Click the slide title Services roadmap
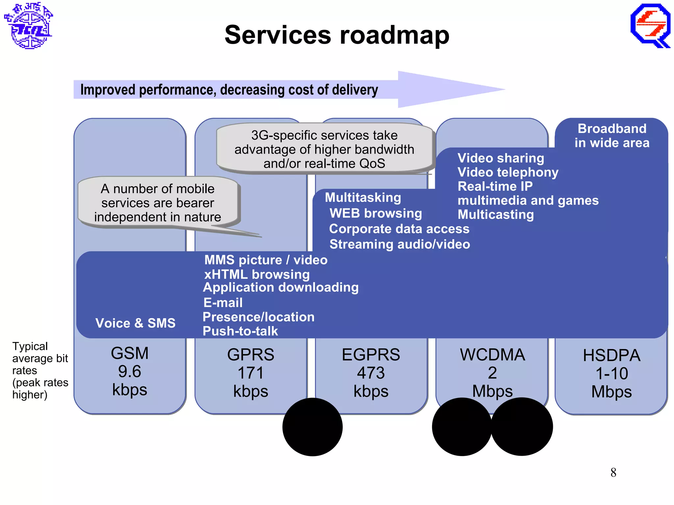[337, 35]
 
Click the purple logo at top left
[29, 26]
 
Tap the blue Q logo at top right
[650, 26]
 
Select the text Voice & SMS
[135, 323]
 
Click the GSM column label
[130, 353]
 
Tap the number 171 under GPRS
[250, 373]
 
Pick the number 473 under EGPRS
[371, 373]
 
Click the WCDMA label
[492, 355]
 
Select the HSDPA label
[611, 355]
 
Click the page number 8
[613, 472]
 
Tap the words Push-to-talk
[240, 331]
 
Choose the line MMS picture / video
[266, 260]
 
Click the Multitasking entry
[363, 198]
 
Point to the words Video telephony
[508, 172]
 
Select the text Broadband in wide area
[612, 135]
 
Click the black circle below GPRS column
[312, 427]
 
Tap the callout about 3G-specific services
[324, 149]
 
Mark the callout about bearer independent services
[158, 203]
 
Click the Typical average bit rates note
[40, 370]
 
